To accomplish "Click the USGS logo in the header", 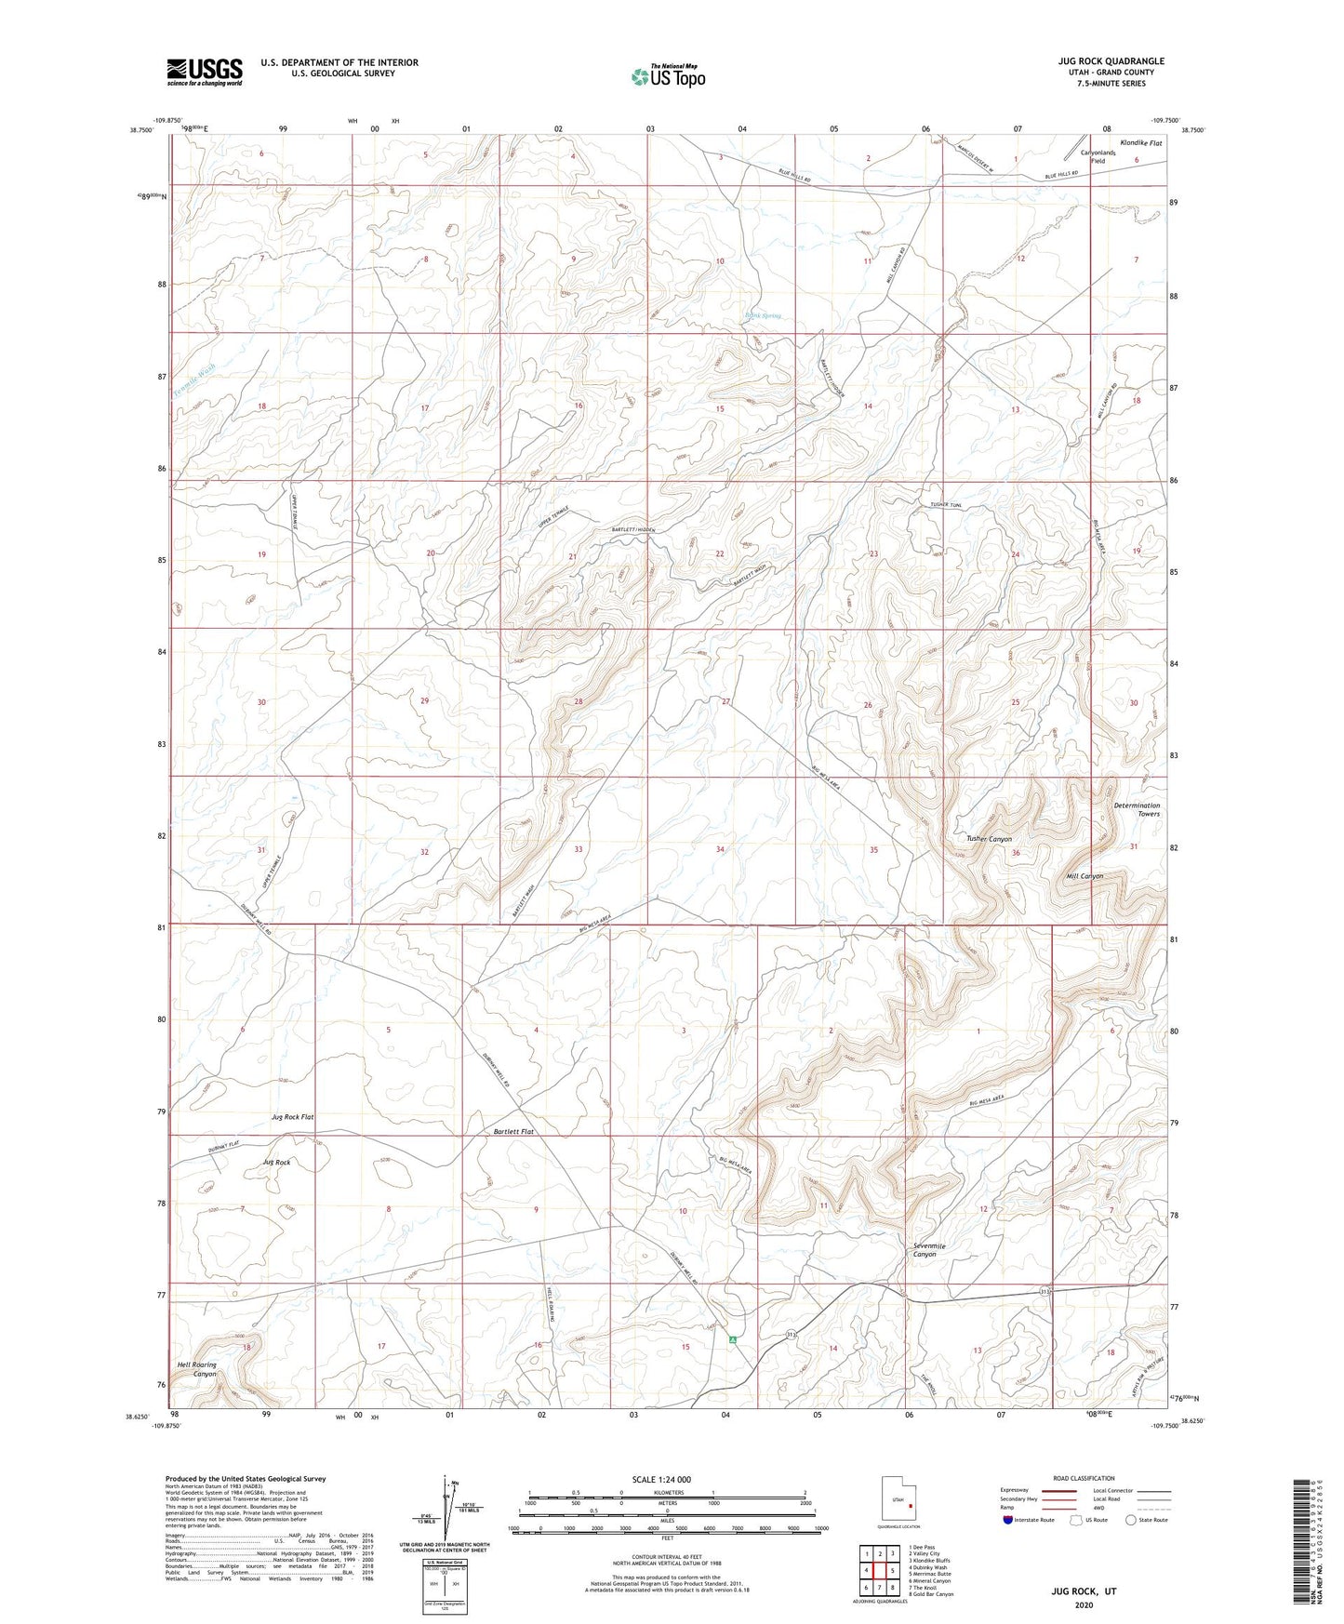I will [205, 72].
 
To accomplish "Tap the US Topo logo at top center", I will [667, 76].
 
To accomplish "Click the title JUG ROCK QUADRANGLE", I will [1111, 61].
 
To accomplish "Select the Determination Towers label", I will [1137, 809].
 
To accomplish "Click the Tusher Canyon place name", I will [989, 839].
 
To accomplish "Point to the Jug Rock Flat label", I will [292, 1116].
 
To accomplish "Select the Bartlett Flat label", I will [513, 1132].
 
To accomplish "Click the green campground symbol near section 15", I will [733, 1340].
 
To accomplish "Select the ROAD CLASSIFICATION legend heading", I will [1085, 1478].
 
